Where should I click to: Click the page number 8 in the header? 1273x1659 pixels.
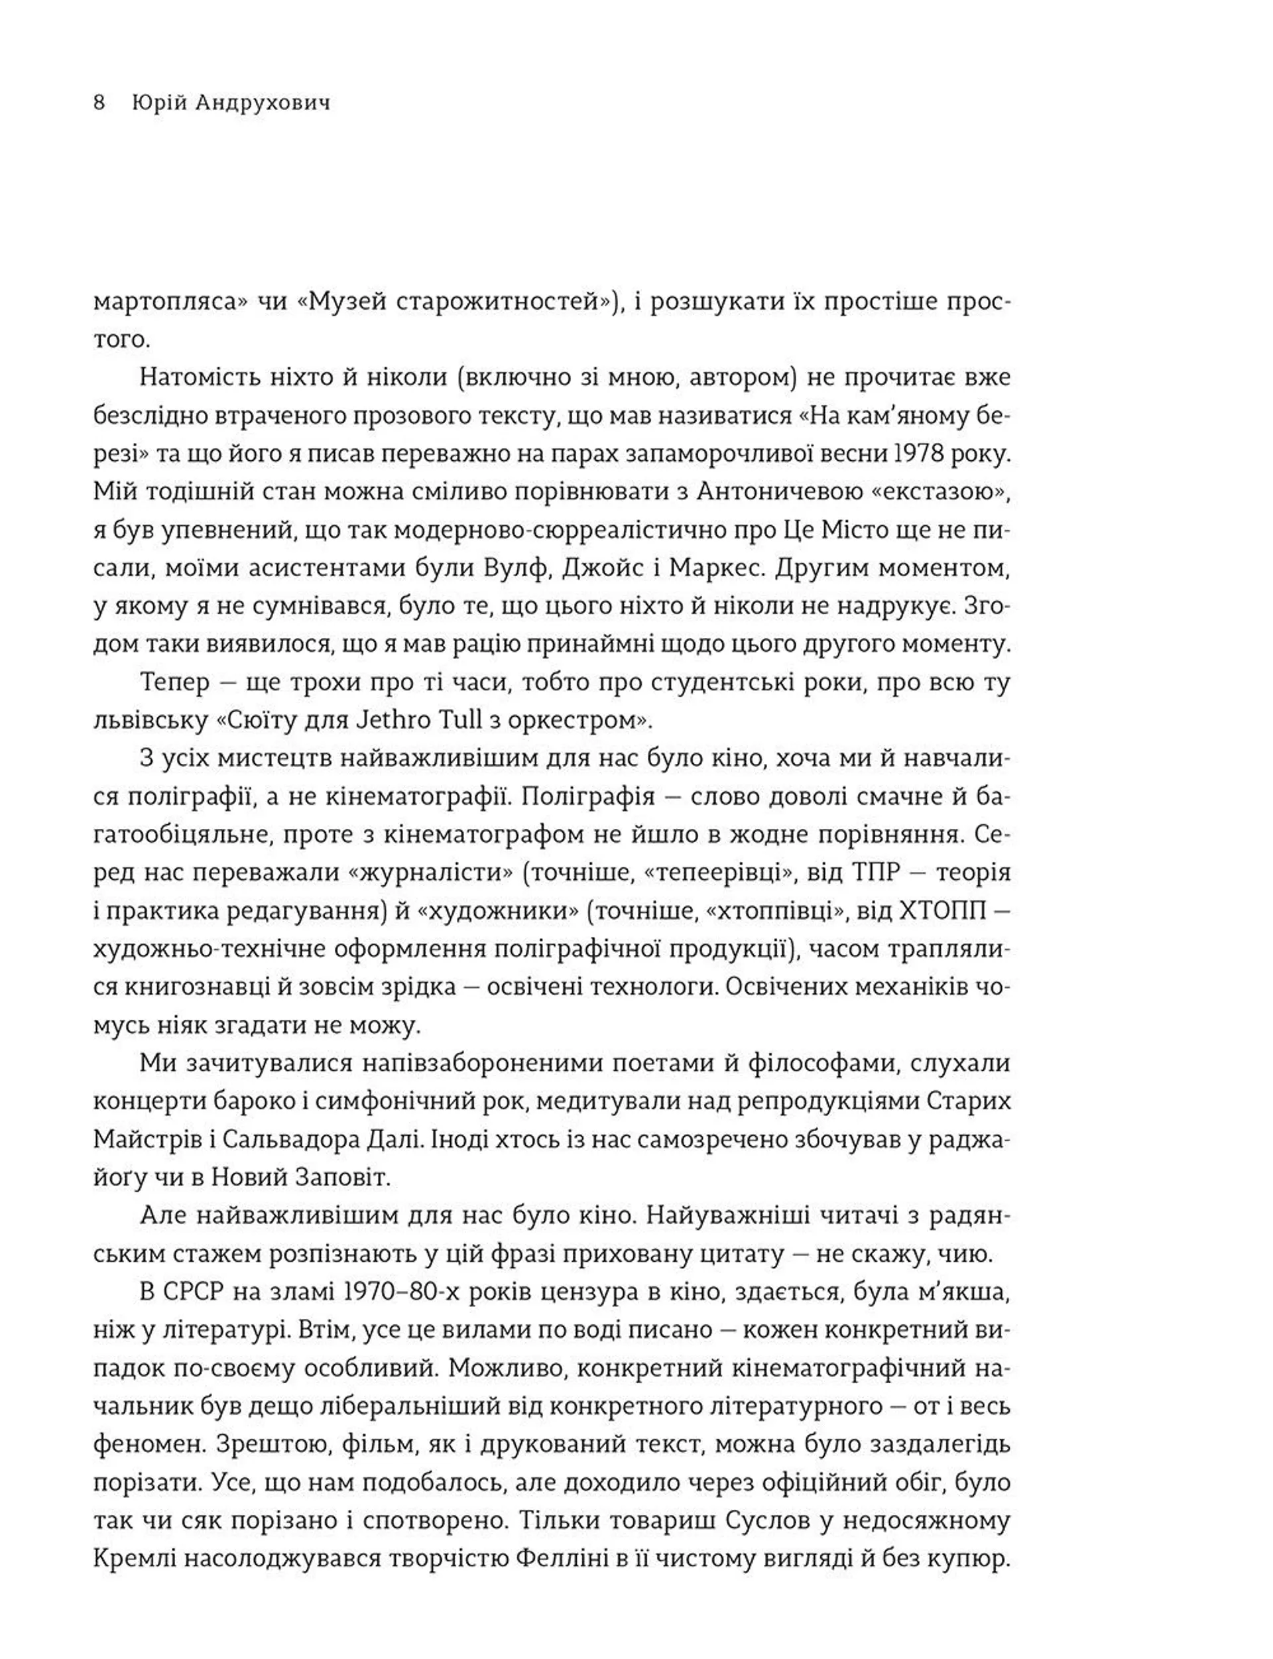(99, 102)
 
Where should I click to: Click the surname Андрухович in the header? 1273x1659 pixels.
(263, 102)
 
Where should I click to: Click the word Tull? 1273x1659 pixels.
(459, 720)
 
